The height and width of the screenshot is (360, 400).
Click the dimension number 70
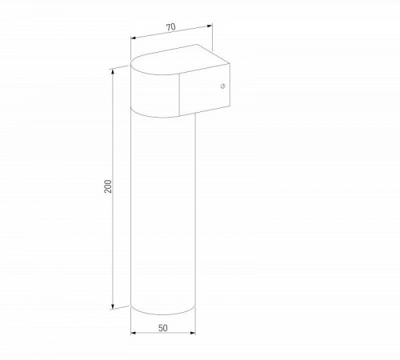point(171,27)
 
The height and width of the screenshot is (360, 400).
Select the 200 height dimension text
point(109,186)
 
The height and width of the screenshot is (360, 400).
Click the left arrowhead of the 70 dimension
point(132,38)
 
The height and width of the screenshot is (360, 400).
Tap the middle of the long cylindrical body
point(163,208)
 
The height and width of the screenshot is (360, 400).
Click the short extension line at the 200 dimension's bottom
point(122,307)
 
